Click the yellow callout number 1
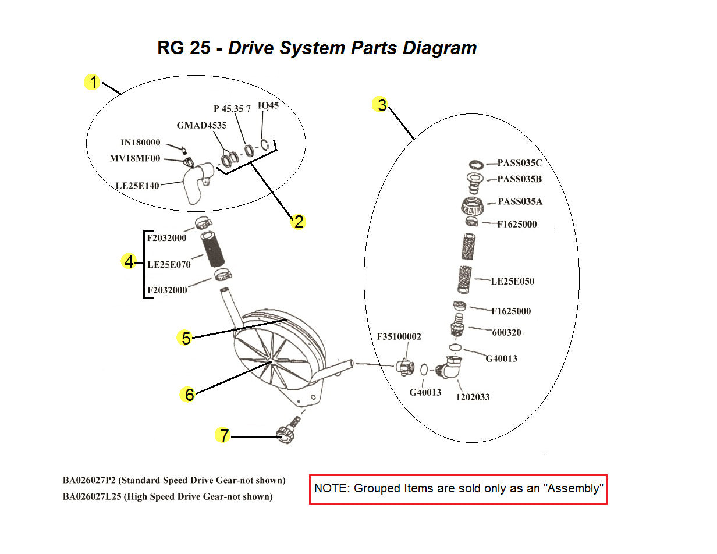(x=92, y=83)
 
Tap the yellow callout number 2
(x=298, y=221)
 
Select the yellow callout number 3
(x=381, y=105)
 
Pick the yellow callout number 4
(x=129, y=262)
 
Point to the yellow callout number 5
(x=186, y=338)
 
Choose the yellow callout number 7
(x=223, y=435)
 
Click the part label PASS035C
(x=520, y=164)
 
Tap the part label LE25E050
(x=512, y=282)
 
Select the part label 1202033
(x=472, y=397)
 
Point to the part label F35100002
(x=399, y=337)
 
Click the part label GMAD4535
(x=201, y=125)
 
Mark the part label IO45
(x=268, y=106)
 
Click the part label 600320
(x=506, y=333)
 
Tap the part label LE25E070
(x=169, y=264)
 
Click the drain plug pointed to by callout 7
(x=285, y=435)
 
